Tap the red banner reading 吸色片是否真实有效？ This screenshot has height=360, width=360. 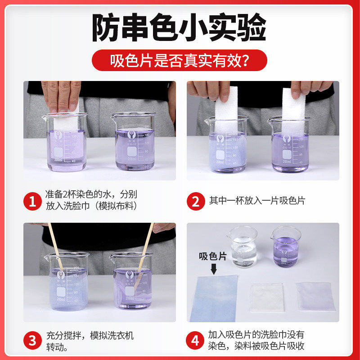click(x=180, y=60)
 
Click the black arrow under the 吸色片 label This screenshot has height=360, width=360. click(x=214, y=269)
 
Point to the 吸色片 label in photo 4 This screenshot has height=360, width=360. click(x=213, y=257)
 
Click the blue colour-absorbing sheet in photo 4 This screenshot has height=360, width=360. click(x=213, y=297)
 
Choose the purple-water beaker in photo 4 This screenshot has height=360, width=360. click(x=286, y=247)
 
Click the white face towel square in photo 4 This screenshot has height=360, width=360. click(x=267, y=297)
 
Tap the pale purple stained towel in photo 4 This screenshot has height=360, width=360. click(x=315, y=296)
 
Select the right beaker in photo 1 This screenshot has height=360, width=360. click(x=135, y=142)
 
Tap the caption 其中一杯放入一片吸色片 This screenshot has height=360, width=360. click(x=257, y=201)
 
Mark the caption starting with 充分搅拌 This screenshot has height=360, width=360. click(x=90, y=341)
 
